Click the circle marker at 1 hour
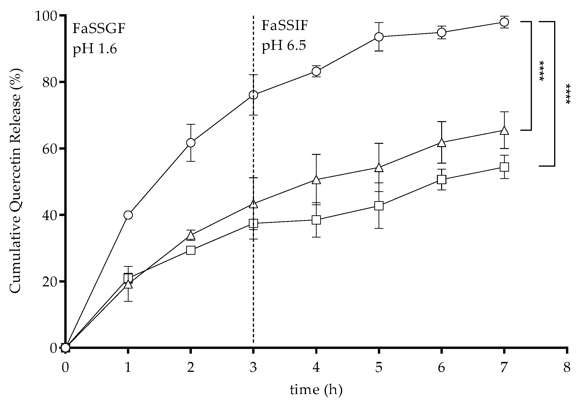(x=128, y=215)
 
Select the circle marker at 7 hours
(x=504, y=22)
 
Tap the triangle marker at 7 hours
(x=504, y=131)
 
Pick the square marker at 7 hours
(x=504, y=167)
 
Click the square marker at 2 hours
(x=191, y=250)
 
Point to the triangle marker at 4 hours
(x=316, y=180)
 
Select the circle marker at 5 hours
(x=379, y=37)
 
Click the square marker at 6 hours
(x=442, y=180)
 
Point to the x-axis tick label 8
(x=567, y=368)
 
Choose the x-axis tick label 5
(x=379, y=368)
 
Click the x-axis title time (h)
(x=316, y=390)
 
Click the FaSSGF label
(x=99, y=28)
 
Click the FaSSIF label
(x=285, y=26)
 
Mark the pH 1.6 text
(x=95, y=49)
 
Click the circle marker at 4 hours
(x=316, y=72)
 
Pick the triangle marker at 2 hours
(x=191, y=236)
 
